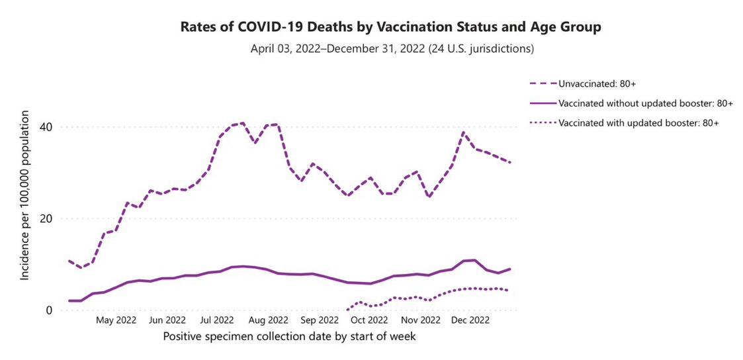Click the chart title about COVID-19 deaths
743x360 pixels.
point(391,27)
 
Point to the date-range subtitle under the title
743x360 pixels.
point(392,49)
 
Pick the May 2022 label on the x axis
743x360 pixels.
point(116,320)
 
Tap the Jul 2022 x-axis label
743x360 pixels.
point(216,320)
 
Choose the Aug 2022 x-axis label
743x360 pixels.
point(267,320)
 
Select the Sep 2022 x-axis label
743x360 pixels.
point(319,320)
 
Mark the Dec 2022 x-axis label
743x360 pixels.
point(470,320)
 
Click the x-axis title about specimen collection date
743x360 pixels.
point(289,337)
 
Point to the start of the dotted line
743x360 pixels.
point(348,309)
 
